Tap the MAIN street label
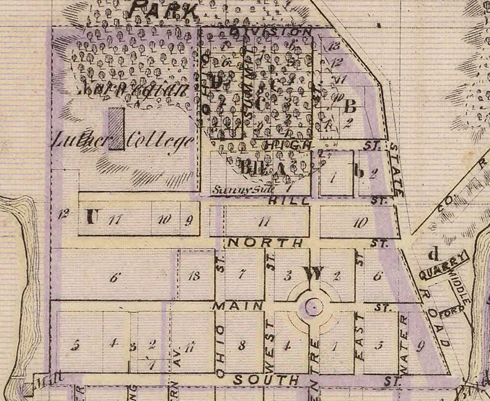pos(230,306)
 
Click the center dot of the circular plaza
pos(314,306)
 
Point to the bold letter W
pos(312,273)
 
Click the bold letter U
pos(91,216)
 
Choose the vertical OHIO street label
pos(220,349)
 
